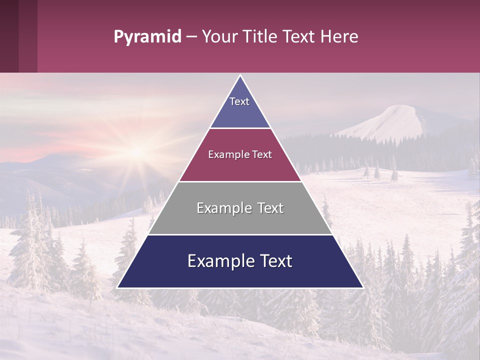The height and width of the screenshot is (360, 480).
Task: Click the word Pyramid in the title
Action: [147, 37]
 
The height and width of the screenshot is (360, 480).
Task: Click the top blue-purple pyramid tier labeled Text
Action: [239, 107]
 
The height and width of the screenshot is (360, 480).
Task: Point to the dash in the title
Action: [191, 37]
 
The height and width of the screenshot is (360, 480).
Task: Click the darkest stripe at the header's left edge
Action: [9, 36]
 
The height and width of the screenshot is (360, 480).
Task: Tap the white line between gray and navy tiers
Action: [240, 234]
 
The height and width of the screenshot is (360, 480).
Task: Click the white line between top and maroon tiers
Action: [240, 128]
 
